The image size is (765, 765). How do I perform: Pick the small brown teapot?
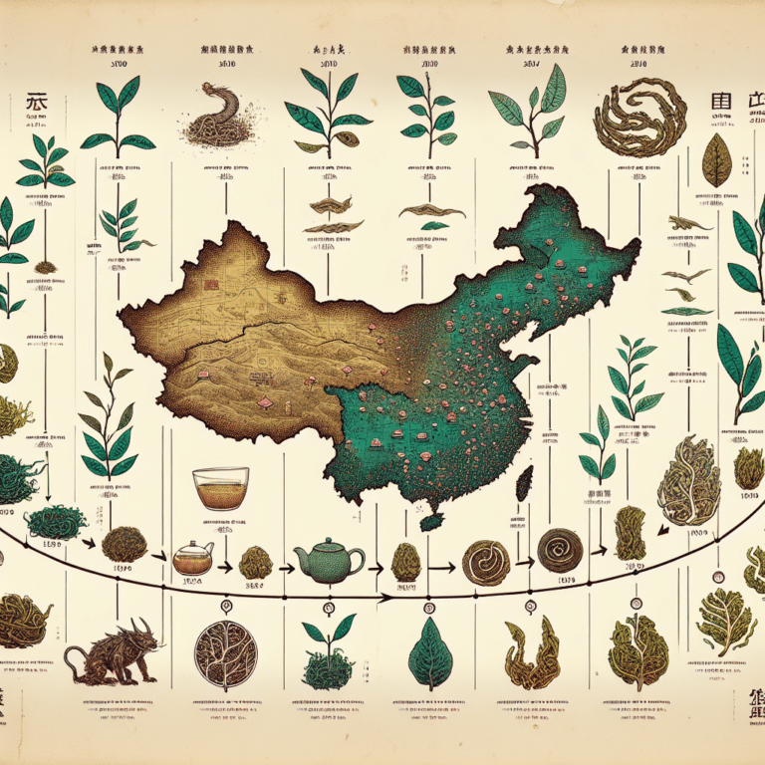(x=191, y=558)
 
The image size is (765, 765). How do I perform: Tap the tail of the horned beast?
(x=72, y=656)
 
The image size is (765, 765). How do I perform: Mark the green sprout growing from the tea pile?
(x=329, y=633)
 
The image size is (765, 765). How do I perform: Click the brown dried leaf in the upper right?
(x=716, y=162)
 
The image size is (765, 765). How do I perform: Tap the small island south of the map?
(x=430, y=521)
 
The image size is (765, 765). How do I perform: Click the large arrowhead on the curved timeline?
(x=382, y=598)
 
